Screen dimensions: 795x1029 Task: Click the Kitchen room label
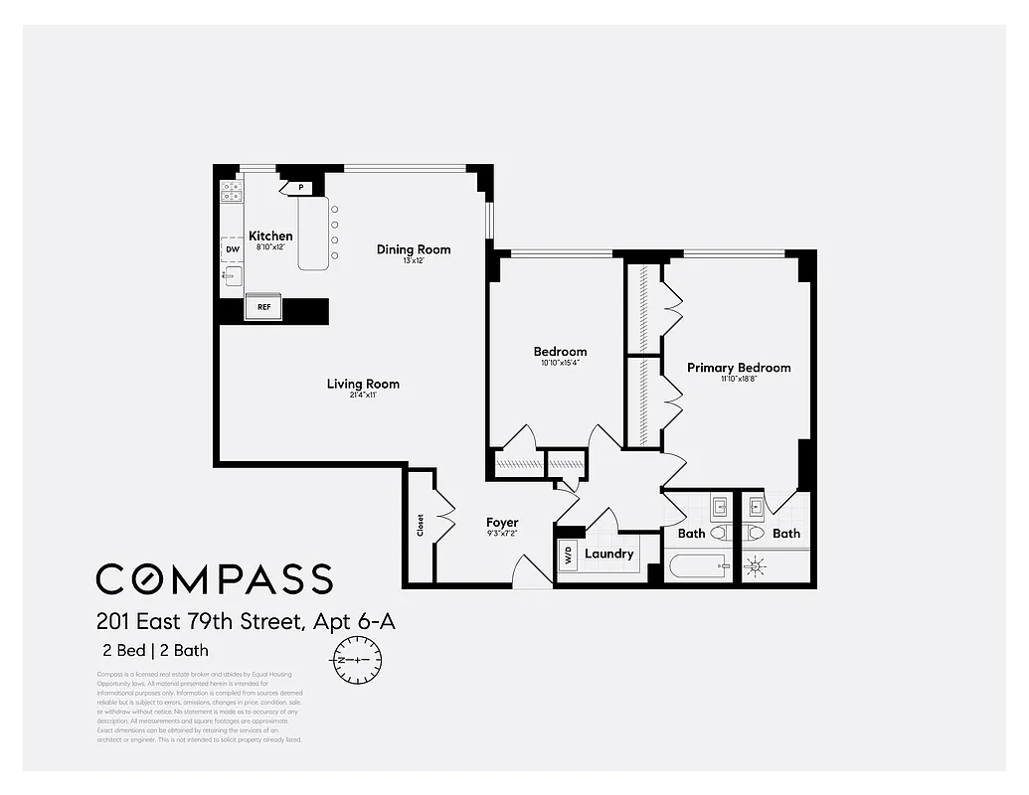tap(270, 237)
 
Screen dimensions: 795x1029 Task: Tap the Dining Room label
tap(414, 249)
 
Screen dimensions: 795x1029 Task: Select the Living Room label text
tap(363, 384)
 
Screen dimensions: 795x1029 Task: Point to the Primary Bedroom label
tap(739, 368)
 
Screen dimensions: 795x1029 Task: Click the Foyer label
tap(502, 523)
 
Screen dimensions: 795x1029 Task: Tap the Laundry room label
tap(608, 554)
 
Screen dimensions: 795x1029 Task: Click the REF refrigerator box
tap(264, 307)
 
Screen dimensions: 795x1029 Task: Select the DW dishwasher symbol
tap(232, 250)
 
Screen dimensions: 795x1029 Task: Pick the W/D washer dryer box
tap(567, 554)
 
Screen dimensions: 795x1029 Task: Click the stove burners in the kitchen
tap(232, 192)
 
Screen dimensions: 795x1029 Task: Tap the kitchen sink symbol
tap(233, 276)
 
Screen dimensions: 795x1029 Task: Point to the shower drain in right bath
tap(757, 566)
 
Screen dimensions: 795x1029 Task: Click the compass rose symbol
tap(354, 660)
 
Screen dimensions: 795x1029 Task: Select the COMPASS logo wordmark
tap(214, 578)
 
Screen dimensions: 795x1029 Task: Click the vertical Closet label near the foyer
tap(421, 524)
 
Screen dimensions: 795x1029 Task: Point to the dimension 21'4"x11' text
tap(363, 397)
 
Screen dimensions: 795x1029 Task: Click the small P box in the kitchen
tap(299, 187)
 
